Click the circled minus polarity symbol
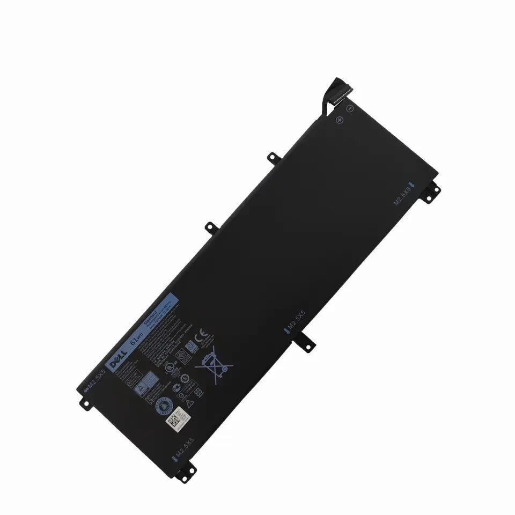click(x=349, y=108)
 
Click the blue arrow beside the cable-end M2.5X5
click(x=411, y=185)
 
